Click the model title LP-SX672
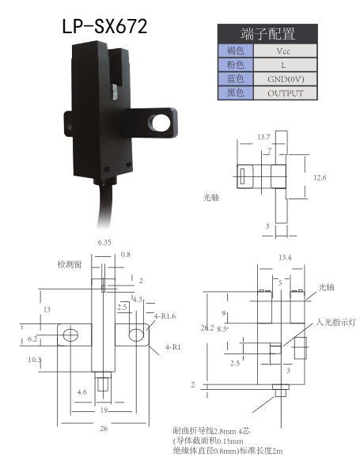[x=104, y=26]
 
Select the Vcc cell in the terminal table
[x=285, y=51]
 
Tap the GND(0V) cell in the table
[x=285, y=79]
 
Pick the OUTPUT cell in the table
[x=285, y=93]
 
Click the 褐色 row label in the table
[x=235, y=51]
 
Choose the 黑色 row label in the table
[x=235, y=93]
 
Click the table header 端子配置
[x=267, y=34]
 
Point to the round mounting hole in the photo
[x=159, y=123]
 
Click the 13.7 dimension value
[x=263, y=137]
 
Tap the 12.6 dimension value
[x=320, y=178]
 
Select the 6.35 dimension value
[x=104, y=242]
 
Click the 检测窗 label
[x=70, y=264]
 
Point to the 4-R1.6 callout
[x=165, y=316]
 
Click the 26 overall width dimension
[x=104, y=429]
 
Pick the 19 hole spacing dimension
[x=104, y=410]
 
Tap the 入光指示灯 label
[x=335, y=322]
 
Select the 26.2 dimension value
[x=207, y=327]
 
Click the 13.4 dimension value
[x=285, y=258]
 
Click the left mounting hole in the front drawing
[x=70, y=335]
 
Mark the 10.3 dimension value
[x=35, y=360]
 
